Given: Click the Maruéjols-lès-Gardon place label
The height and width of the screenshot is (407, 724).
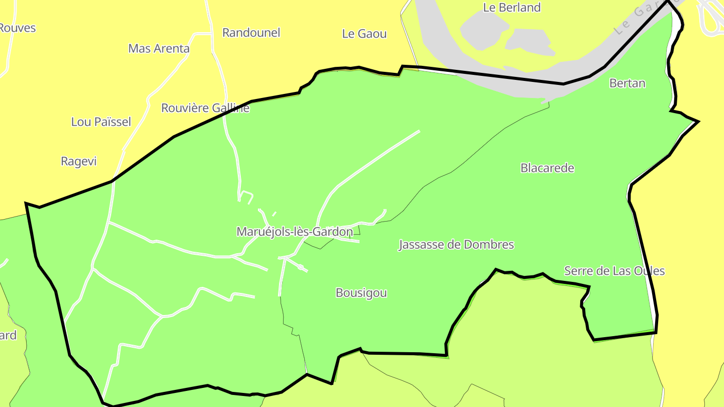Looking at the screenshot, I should (x=295, y=232).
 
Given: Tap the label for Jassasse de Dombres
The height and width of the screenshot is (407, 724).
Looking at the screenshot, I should (x=456, y=245).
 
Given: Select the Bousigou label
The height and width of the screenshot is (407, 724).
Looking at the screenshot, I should (x=361, y=293).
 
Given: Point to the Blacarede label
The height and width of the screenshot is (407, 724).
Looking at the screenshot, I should (x=547, y=168).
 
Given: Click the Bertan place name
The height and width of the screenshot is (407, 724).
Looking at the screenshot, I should (x=627, y=83).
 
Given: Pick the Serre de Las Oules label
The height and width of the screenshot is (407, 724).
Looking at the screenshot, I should (x=614, y=271).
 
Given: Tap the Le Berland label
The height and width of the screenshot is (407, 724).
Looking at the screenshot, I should (x=511, y=8).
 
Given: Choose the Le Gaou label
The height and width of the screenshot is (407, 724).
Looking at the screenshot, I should (x=364, y=34).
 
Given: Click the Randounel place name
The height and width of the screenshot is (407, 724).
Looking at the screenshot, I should (x=251, y=33).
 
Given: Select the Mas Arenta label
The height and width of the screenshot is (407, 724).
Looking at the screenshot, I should (x=159, y=49).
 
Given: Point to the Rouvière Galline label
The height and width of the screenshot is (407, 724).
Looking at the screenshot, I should (x=205, y=108).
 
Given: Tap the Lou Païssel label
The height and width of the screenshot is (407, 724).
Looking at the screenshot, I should (x=101, y=122).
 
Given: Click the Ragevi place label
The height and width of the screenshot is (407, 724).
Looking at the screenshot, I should (x=78, y=161).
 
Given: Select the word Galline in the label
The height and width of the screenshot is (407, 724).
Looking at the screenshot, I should (x=230, y=108).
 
